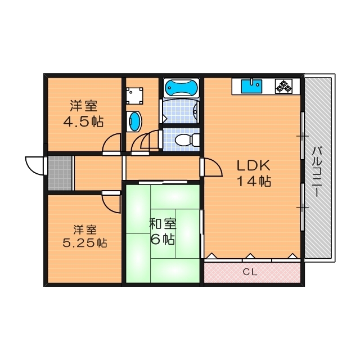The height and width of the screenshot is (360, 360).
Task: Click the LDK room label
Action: pyautogui.click(x=253, y=166)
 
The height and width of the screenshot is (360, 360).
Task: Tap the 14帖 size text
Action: pyautogui.click(x=254, y=181)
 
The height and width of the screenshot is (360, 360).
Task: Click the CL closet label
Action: pyautogui.click(x=251, y=273)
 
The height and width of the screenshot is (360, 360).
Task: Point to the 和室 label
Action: pyautogui.click(x=163, y=223)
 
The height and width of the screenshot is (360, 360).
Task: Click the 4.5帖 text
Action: pyautogui.click(x=83, y=121)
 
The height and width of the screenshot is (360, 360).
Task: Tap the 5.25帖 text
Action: pyautogui.click(x=84, y=244)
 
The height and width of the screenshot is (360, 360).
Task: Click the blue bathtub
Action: pyautogui.click(x=181, y=88)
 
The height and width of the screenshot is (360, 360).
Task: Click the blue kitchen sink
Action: pyautogui.click(x=251, y=86)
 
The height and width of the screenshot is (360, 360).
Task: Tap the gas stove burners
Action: pyautogui.click(x=283, y=86)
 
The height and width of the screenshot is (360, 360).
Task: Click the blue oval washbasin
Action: pyautogui.click(x=134, y=120)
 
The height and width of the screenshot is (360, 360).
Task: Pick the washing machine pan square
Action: pyautogui.click(x=134, y=96)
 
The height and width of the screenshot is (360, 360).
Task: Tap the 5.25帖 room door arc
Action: pyautogui.click(x=112, y=202)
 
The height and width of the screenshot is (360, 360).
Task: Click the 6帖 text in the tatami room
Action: pyautogui.click(x=162, y=238)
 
